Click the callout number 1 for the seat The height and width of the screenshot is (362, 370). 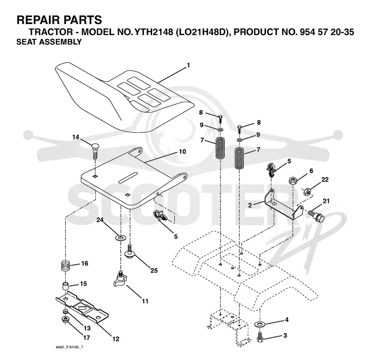click(x=188, y=65)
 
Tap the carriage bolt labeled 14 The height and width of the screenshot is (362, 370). click(x=95, y=151)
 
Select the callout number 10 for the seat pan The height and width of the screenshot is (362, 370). click(x=182, y=151)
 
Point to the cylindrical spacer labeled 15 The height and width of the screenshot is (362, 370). click(x=65, y=287)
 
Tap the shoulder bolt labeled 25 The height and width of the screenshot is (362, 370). click(x=129, y=252)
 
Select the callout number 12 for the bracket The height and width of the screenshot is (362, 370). click(x=116, y=339)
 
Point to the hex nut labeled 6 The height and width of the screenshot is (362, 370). click(x=293, y=181)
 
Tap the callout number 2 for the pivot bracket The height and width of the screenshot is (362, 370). click(x=250, y=205)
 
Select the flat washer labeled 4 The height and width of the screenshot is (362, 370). click(x=260, y=324)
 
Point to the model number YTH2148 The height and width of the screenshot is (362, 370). click(x=154, y=32)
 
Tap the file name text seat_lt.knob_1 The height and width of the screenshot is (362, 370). click(x=69, y=347)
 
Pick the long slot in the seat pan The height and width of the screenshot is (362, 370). click(x=128, y=177)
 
